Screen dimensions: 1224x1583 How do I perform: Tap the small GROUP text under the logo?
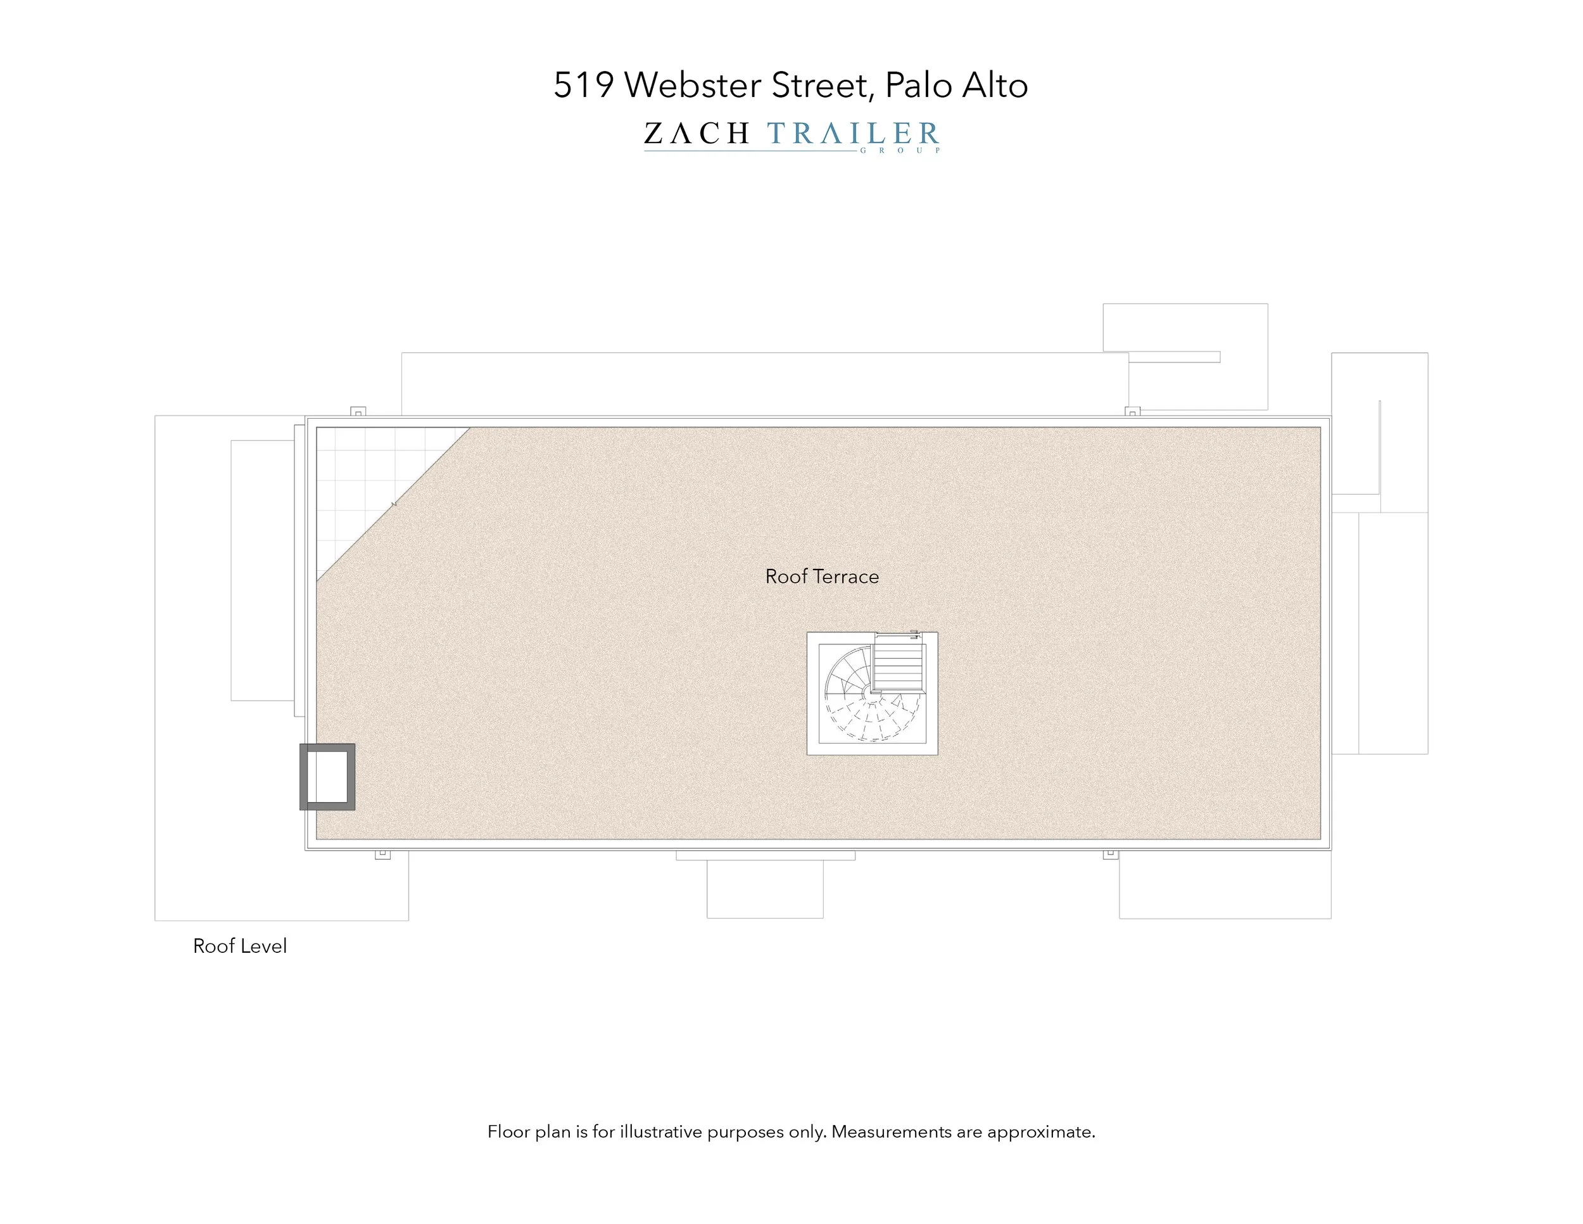click(900, 151)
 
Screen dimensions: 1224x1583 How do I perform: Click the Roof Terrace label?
click(821, 577)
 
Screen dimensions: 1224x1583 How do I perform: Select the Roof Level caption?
click(239, 947)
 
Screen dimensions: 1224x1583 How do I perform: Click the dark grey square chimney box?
click(327, 777)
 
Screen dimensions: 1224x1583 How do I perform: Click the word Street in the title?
click(818, 86)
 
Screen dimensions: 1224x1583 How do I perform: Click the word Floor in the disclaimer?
click(509, 1132)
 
